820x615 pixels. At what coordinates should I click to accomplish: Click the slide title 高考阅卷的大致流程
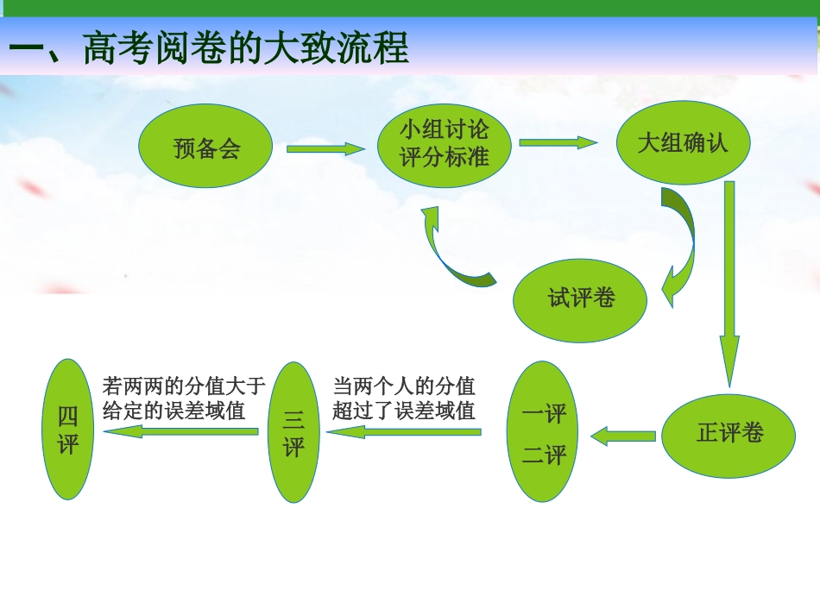207,49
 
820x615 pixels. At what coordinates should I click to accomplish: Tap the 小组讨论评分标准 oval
445,144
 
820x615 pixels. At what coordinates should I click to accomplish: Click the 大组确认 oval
682,142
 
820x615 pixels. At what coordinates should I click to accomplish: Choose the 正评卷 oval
729,434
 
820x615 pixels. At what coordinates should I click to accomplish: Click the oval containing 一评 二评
545,432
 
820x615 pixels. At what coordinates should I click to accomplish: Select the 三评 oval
294,432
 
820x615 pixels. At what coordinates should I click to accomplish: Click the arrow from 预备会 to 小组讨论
325,149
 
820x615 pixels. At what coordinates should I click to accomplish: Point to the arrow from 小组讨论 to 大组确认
558,143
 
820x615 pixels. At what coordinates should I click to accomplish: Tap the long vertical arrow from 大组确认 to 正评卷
729,285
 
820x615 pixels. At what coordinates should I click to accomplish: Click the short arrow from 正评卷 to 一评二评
623,436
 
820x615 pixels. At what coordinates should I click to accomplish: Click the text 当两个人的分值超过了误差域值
404,398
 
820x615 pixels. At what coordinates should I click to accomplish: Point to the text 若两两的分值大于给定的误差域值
182,397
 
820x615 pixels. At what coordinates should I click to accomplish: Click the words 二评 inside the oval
545,455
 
